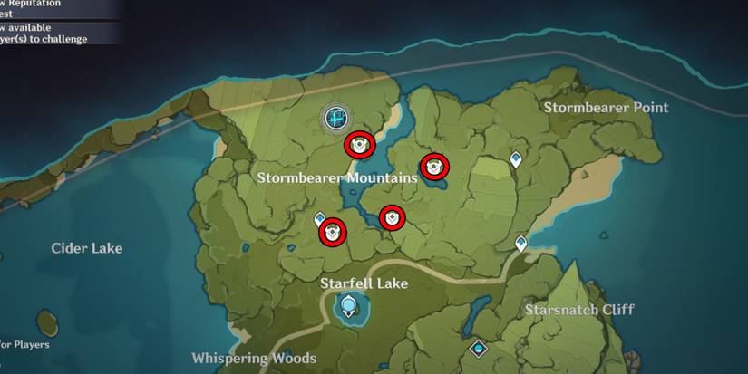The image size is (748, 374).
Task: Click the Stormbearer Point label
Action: click(x=605, y=108)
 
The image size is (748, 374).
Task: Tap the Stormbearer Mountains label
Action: click(x=337, y=178)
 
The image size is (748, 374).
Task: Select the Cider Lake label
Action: click(x=86, y=248)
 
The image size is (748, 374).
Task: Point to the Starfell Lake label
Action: click(x=364, y=283)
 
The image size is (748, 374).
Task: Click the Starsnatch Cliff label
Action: click(x=580, y=310)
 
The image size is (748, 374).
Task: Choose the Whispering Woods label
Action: click(x=254, y=358)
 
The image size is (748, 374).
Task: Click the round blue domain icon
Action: click(x=337, y=117)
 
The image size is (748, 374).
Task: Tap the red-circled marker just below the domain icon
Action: click(x=360, y=144)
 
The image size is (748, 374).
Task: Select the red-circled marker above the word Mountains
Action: click(x=434, y=166)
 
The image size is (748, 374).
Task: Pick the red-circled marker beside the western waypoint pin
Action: click(x=333, y=233)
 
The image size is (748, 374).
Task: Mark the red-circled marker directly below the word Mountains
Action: click(x=392, y=218)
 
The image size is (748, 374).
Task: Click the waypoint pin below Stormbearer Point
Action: click(x=516, y=160)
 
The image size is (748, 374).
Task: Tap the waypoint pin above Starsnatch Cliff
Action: click(x=521, y=244)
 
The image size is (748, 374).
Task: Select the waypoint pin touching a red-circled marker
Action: click(x=319, y=219)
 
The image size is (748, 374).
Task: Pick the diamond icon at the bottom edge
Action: click(x=477, y=349)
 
